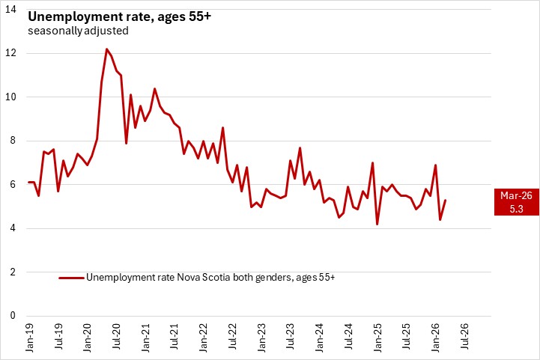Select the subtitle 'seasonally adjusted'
[78, 31]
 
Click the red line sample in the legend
[72, 278]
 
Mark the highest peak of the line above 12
[106, 49]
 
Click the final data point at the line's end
[446, 200]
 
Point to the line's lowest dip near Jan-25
[377, 224]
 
